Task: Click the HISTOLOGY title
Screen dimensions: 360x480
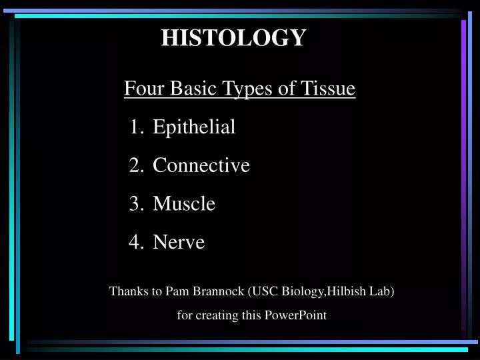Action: [233, 38]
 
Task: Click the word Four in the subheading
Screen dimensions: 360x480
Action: [139, 88]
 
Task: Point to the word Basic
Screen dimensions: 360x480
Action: [191, 88]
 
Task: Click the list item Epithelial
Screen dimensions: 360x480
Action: [194, 127]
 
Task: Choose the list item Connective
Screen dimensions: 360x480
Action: [201, 165]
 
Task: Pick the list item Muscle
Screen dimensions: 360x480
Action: [184, 203]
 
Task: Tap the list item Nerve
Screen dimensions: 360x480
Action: [179, 242]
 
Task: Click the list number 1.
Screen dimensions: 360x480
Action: [135, 127]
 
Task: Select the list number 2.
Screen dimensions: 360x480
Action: [135, 165]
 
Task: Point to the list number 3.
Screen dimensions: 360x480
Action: [135, 203]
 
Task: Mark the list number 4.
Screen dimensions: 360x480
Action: [135, 242]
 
